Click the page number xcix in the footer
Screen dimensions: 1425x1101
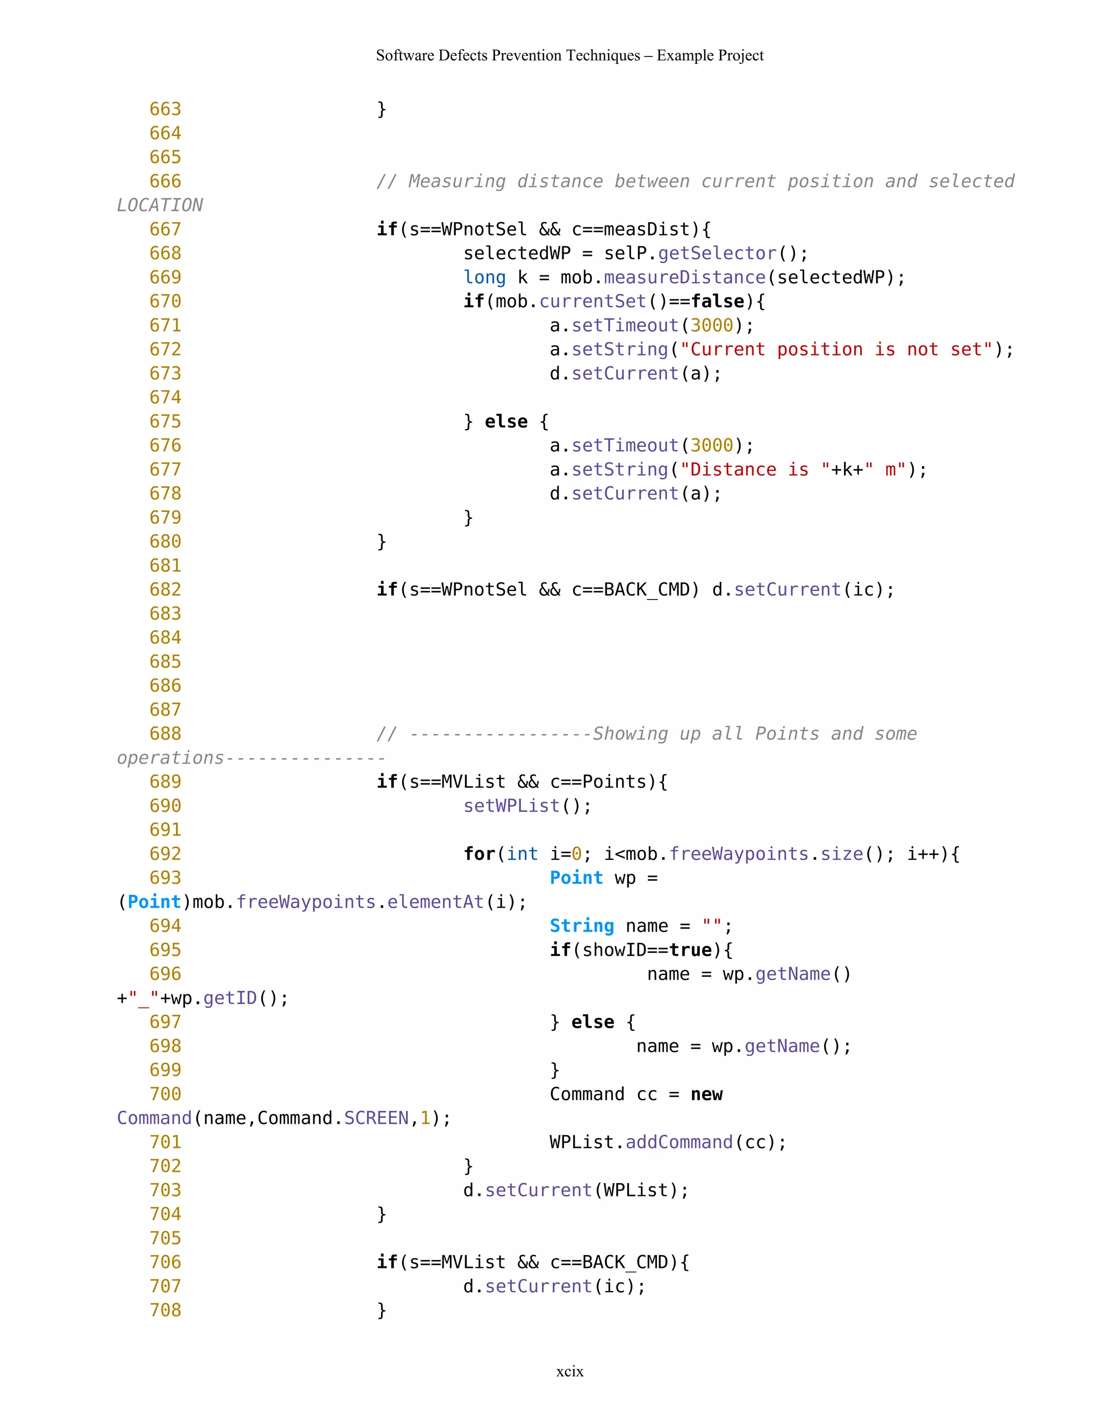pos(569,1371)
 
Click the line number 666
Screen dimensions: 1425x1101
pos(165,181)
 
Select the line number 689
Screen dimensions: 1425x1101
pos(165,782)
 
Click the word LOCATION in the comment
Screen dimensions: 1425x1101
pos(160,205)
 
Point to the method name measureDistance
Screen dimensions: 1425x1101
pos(684,277)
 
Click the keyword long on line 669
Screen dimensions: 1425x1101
pos(484,277)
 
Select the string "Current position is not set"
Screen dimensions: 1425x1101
pos(836,350)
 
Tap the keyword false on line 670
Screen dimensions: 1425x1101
pos(718,302)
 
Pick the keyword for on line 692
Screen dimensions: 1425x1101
pos(480,854)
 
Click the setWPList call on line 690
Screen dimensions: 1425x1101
pos(511,806)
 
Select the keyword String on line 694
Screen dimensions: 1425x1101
pos(582,926)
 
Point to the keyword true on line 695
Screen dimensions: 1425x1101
pos(690,950)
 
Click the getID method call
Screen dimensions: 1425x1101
pos(230,998)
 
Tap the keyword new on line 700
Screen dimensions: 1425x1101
pos(706,1094)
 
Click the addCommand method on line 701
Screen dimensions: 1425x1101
pos(679,1143)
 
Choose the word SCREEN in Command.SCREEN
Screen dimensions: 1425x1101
pos(376,1118)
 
